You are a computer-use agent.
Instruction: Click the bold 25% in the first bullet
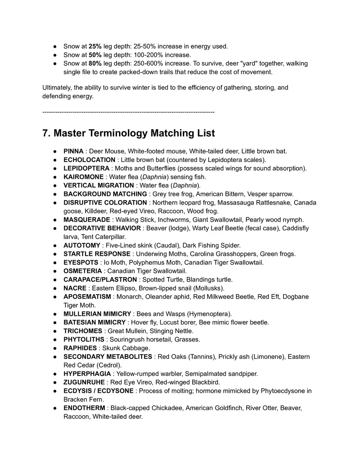tap(95, 46)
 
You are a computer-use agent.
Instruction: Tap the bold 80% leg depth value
tap(95, 63)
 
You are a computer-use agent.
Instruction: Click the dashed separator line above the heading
tap(128, 112)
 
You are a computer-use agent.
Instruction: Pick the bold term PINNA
tap(73, 151)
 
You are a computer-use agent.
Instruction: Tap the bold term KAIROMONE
tap(83, 177)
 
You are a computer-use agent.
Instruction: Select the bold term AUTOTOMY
tap(82, 245)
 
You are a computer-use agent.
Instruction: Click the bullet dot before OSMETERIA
tap(55, 271)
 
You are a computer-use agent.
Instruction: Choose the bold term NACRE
tap(75, 288)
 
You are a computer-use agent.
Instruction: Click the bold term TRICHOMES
tap(83, 331)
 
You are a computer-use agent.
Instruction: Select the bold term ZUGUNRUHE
tap(84, 382)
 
